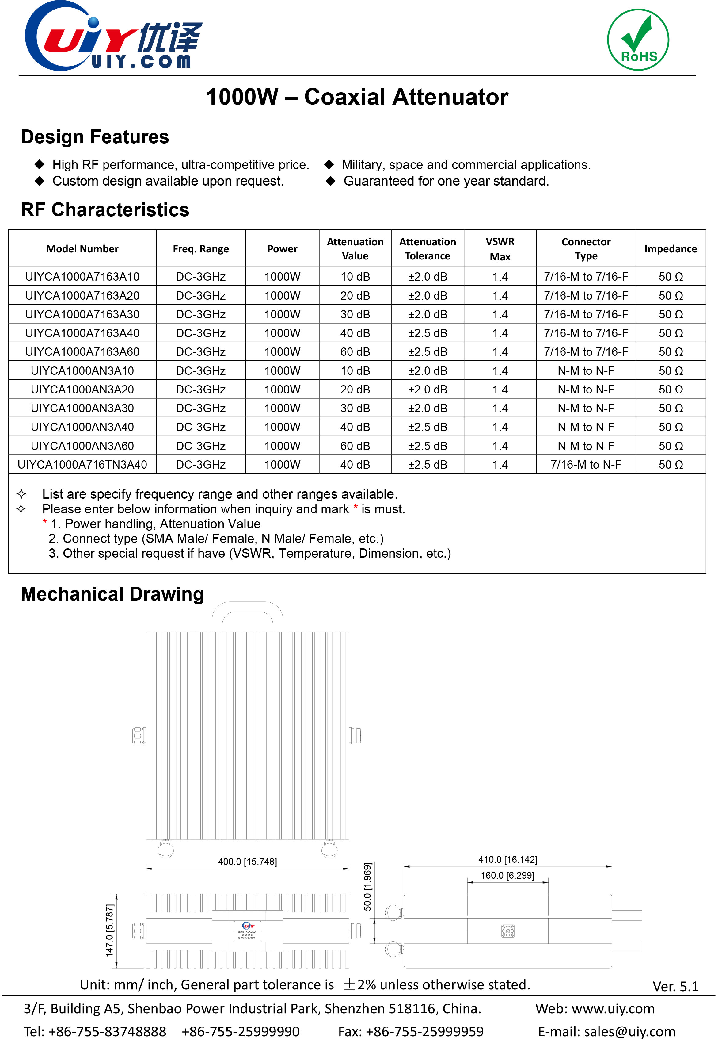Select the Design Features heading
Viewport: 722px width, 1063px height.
coord(95,137)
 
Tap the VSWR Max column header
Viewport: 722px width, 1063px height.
coord(500,249)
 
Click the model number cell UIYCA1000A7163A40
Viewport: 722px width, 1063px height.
coord(82,333)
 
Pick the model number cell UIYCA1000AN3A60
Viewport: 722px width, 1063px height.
coord(82,446)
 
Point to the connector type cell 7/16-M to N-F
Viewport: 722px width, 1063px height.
coord(586,465)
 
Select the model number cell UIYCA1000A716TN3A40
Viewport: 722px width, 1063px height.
coord(82,465)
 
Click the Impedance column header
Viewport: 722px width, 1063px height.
coord(671,249)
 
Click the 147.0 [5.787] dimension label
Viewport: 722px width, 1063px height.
coord(110,930)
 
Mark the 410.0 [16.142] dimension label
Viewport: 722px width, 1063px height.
coord(507,859)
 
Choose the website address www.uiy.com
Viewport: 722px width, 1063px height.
coord(613,1009)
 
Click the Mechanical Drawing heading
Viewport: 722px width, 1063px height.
coord(112,594)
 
